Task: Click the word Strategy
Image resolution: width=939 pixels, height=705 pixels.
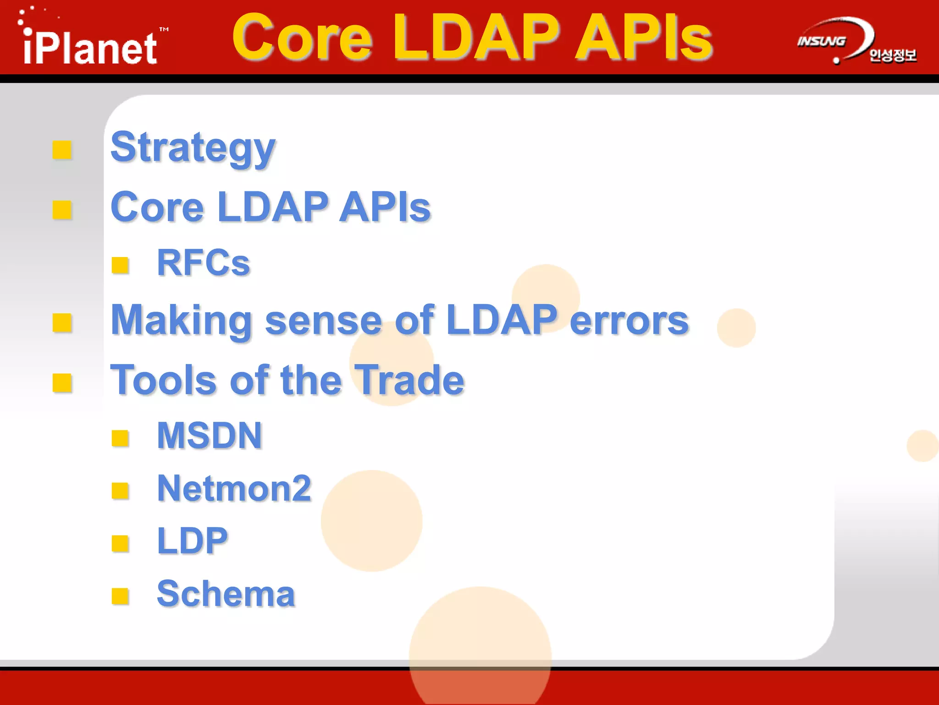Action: click(193, 148)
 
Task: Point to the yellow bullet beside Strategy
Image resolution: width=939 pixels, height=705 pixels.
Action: click(62, 150)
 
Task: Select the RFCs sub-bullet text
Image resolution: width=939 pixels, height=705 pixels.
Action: click(203, 263)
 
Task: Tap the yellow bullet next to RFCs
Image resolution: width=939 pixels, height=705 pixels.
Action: click(120, 265)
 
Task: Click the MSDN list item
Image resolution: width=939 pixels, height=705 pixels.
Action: click(210, 436)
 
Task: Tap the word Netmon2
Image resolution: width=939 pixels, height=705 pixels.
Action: click(234, 488)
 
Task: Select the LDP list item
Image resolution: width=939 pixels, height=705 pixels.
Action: click(192, 541)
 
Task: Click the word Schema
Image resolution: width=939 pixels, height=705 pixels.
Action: click(226, 594)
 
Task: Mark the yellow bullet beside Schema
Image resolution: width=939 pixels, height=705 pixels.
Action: click(120, 596)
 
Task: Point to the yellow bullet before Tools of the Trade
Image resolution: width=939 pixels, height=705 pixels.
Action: click(62, 383)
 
